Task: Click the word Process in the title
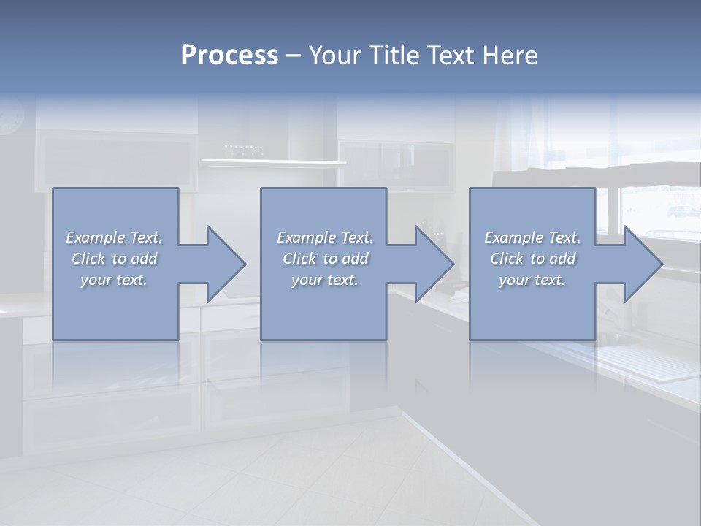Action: tap(229, 56)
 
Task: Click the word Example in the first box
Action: tap(96, 237)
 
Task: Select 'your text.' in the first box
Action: tap(114, 280)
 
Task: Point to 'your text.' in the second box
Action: tap(325, 280)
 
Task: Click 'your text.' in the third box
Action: tap(532, 280)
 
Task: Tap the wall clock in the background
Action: tap(10, 117)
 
